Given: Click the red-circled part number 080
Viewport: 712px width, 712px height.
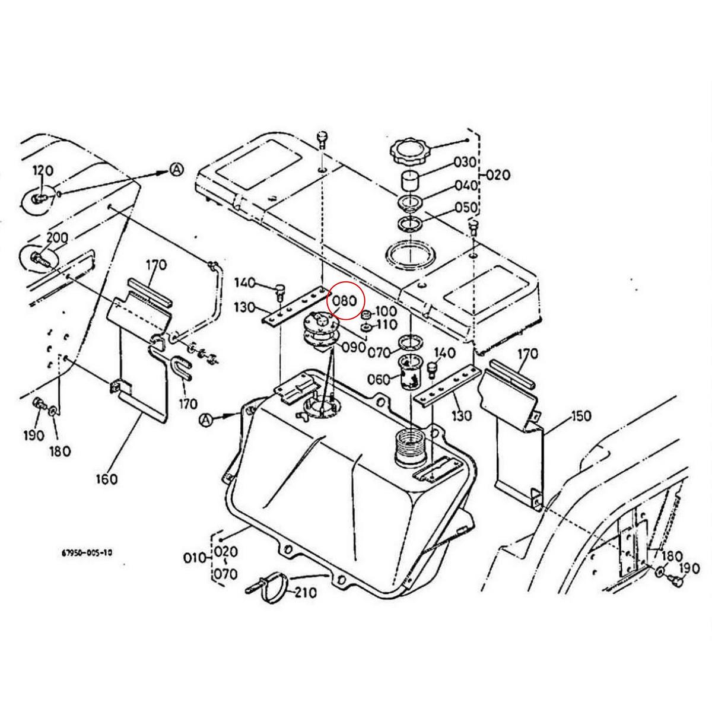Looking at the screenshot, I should [x=344, y=300].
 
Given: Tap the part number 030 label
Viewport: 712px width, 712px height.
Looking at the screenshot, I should [x=466, y=162].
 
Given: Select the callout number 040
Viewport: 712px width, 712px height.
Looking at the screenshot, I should [x=466, y=185].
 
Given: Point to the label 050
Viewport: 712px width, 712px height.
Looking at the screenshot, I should [x=466, y=207].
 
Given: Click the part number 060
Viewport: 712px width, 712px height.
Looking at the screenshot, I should [x=379, y=379].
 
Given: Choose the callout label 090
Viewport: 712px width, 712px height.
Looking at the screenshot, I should [x=354, y=347].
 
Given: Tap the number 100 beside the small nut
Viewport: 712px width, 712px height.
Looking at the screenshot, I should [x=386, y=311].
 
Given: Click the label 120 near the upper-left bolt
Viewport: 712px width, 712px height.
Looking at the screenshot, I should [x=42, y=171].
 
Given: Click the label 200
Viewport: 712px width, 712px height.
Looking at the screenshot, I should [x=57, y=237].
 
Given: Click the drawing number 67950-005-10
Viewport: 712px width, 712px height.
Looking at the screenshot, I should [x=87, y=552].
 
